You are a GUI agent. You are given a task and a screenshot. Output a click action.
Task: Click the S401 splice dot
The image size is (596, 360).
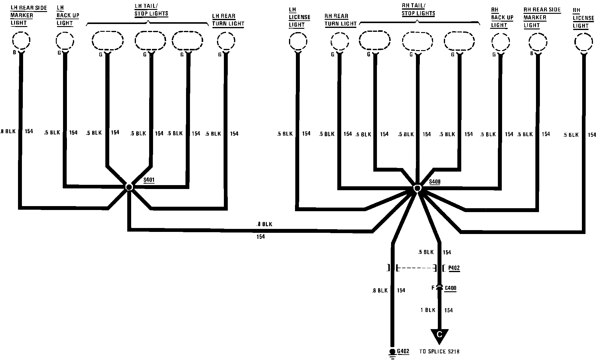(129, 187)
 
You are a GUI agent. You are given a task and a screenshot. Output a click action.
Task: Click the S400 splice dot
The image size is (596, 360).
(417, 188)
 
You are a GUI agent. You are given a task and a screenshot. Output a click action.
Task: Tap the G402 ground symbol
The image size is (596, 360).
(392, 353)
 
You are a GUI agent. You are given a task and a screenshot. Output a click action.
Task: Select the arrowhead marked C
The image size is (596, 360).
(439, 335)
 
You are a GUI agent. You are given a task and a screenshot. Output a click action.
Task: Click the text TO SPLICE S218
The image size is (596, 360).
(439, 352)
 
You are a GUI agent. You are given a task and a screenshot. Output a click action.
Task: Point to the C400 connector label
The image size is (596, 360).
(450, 288)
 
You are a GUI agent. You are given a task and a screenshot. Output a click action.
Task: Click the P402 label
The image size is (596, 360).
(454, 268)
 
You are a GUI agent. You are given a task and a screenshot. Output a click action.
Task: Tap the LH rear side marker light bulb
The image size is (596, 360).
(21, 40)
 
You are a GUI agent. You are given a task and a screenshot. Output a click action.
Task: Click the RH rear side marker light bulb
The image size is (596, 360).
(537, 42)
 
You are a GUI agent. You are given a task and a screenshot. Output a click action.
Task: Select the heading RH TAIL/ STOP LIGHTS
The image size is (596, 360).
(418, 10)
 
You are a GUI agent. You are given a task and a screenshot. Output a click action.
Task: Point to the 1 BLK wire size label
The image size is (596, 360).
(428, 310)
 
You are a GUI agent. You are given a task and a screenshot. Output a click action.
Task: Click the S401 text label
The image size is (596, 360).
(149, 180)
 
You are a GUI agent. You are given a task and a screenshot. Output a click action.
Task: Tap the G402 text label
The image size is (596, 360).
(403, 351)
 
